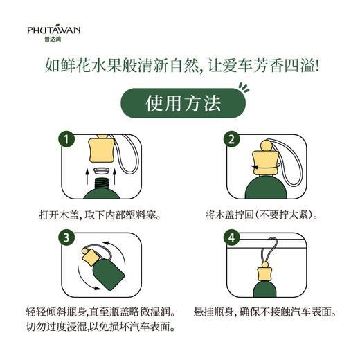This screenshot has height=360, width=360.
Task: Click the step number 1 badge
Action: (65, 139)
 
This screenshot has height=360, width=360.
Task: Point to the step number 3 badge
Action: (65, 238)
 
